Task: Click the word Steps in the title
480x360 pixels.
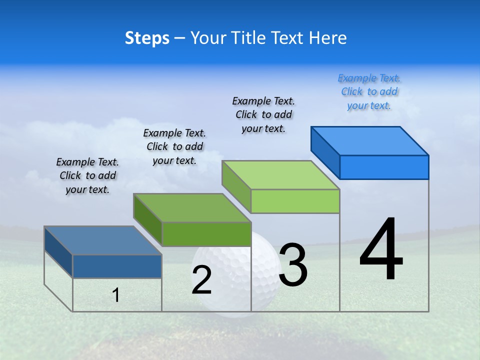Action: tap(147, 38)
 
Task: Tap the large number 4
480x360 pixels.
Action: tap(381, 250)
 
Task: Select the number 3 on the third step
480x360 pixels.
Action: tap(293, 265)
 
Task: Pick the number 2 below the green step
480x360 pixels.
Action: tap(201, 280)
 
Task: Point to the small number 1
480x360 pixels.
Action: tap(116, 295)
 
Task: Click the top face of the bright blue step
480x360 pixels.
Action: tap(369, 140)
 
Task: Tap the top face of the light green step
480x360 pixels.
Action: tap(280, 175)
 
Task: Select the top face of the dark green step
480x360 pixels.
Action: tap(192, 207)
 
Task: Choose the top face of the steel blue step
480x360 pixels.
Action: tap(103, 240)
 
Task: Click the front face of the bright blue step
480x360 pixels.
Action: tap(384, 167)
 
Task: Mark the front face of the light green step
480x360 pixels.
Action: tap(295, 201)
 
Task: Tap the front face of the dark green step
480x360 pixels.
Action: tap(206, 234)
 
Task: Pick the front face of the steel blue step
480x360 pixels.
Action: tap(117, 266)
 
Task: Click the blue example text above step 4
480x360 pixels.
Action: tap(369, 92)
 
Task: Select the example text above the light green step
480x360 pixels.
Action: tap(263, 114)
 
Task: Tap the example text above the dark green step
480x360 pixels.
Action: tap(174, 146)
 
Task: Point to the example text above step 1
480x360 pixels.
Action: tap(87, 175)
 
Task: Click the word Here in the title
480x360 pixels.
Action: tap(328, 38)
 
